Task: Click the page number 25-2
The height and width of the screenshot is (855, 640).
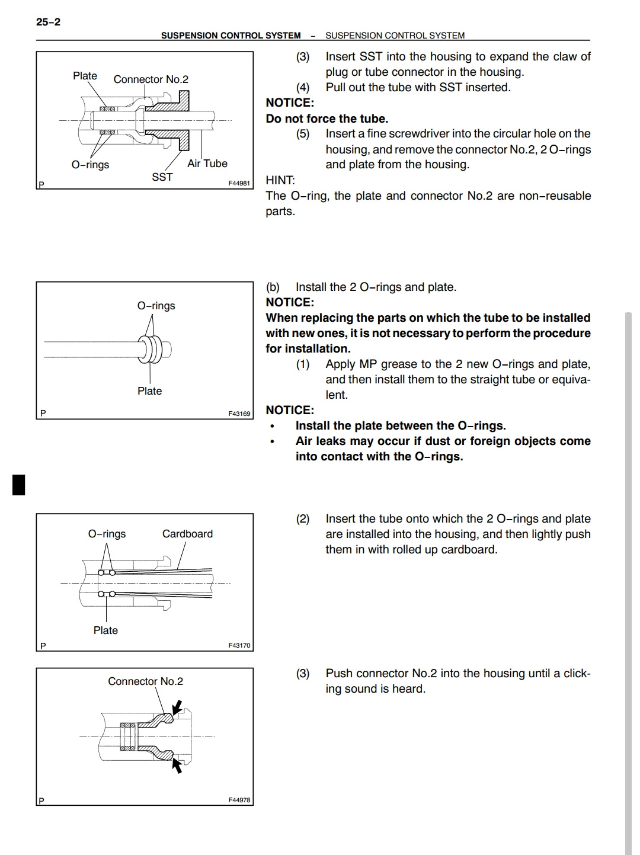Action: pyautogui.click(x=48, y=22)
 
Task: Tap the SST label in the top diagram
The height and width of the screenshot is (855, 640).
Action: pyautogui.click(x=162, y=177)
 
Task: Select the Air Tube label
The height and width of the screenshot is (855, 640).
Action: pyautogui.click(x=207, y=164)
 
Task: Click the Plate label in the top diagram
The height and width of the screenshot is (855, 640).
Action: pyautogui.click(x=85, y=76)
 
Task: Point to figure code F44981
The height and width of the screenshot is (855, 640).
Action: pyautogui.click(x=239, y=184)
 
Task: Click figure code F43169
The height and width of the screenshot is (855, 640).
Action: pyautogui.click(x=239, y=414)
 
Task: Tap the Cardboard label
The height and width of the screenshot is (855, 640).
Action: pyautogui.click(x=187, y=534)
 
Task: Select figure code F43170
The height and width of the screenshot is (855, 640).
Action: pyautogui.click(x=239, y=645)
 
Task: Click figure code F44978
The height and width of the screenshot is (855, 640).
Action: pyautogui.click(x=239, y=800)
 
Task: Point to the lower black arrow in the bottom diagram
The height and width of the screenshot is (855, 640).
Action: pyautogui.click(x=176, y=766)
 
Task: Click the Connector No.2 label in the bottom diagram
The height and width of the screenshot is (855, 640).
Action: pyautogui.click(x=145, y=681)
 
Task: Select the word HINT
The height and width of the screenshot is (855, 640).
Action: pyautogui.click(x=280, y=180)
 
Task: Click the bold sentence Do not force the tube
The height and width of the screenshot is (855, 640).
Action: pyautogui.click(x=327, y=119)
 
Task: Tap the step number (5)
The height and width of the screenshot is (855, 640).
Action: pyautogui.click(x=303, y=134)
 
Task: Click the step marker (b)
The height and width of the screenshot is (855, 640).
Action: pyautogui.click(x=273, y=287)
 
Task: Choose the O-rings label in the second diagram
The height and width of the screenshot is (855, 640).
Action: pyautogui.click(x=156, y=306)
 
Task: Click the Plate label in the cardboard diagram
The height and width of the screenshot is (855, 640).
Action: pyautogui.click(x=105, y=630)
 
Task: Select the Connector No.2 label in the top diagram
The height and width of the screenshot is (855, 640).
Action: pyautogui.click(x=151, y=79)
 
